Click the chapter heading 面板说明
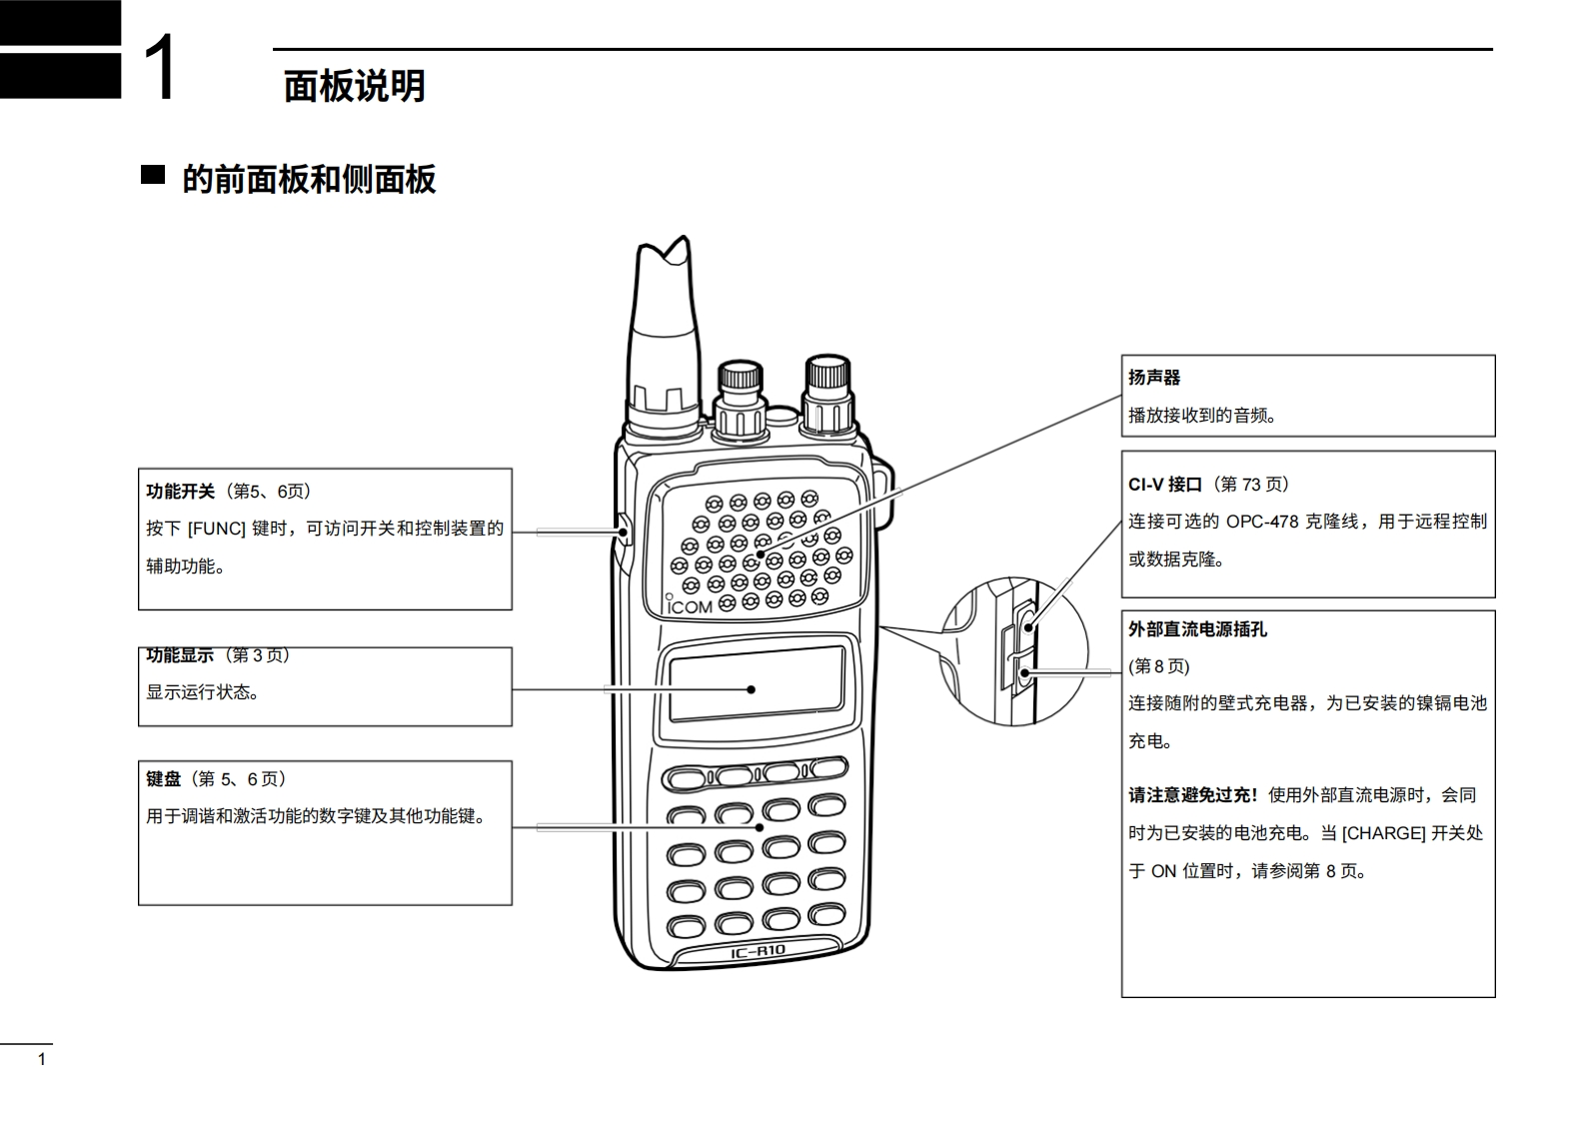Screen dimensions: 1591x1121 tap(355, 87)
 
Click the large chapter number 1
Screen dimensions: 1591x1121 tap(161, 68)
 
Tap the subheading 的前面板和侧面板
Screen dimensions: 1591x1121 tap(309, 180)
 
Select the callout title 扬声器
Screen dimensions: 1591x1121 tap(1154, 378)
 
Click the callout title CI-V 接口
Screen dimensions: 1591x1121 tap(1165, 485)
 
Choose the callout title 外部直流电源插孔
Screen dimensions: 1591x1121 tap(1197, 629)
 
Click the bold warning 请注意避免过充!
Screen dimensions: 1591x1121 tap(1193, 795)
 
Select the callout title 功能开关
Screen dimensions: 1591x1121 tap(181, 492)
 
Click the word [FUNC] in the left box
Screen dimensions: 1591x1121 tap(217, 529)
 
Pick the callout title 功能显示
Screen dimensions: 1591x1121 tap(180, 655)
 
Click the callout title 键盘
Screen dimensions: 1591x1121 tap(164, 779)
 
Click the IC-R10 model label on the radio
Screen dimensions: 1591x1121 tap(758, 951)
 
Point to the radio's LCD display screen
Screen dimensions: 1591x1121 tap(756, 683)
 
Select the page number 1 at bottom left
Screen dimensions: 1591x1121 tap(42, 1059)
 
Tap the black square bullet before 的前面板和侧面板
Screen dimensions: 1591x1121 tap(153, 175)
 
